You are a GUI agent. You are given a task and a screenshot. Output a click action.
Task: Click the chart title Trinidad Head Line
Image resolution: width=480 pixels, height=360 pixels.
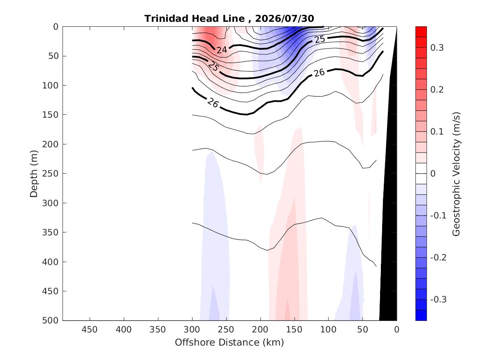coord(195,19)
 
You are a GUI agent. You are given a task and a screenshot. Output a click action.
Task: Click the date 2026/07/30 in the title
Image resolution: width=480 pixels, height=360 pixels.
coord(284,19)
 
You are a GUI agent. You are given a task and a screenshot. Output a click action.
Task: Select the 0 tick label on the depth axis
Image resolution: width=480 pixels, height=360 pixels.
coord(56,27)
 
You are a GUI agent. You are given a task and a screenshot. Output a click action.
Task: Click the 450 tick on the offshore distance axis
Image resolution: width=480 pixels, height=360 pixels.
coord(90,330)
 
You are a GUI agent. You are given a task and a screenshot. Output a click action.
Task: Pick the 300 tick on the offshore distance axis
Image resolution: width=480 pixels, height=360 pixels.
coord(192,330)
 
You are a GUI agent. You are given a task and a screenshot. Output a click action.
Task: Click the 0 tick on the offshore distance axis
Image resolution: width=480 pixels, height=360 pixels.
coord(397,330)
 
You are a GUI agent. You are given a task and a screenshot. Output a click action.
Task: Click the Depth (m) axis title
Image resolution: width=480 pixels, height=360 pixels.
coord(34,174)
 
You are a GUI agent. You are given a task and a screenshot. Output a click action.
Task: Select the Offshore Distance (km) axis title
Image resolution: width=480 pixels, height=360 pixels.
coord(229,342)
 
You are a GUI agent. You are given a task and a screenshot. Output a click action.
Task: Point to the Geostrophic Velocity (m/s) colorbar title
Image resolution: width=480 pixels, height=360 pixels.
coord(456,174)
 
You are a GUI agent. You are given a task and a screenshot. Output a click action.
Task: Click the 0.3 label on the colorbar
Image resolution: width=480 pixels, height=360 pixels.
coord(437,47)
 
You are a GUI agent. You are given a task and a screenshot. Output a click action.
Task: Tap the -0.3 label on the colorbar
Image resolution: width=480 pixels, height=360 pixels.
coord(438,300)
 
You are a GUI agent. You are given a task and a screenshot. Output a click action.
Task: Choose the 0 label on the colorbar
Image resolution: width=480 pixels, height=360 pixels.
coord(433,174)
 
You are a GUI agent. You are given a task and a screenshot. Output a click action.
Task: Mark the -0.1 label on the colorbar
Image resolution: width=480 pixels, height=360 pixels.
coord(438,216)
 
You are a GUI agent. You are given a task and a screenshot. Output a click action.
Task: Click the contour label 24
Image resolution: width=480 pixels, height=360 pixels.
coord(222,50)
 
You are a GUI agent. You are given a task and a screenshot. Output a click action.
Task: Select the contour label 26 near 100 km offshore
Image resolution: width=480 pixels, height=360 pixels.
coord(319,72)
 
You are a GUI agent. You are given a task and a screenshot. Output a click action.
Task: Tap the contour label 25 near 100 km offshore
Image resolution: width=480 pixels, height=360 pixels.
coord(320,39)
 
